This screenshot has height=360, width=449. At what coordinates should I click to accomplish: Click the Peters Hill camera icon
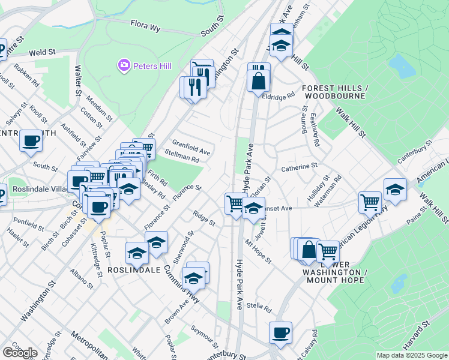pyautogui.click(x=124, y=64)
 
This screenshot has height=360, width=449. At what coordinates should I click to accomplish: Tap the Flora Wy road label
pyautogui.click(x=146, y=25)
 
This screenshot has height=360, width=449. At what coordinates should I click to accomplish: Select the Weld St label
pyautogui.click(x=41, y=53)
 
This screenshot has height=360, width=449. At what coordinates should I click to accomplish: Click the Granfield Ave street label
pyautogui.click(x=191, y=147)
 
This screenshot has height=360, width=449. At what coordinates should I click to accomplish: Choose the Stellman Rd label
pyautogui.click(x=181, y=157)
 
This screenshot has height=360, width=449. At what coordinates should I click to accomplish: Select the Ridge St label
pyautogui.click(x=204, y=218)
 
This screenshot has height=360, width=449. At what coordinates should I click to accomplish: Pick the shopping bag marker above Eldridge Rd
pyautogui.click(x=258, y=80)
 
